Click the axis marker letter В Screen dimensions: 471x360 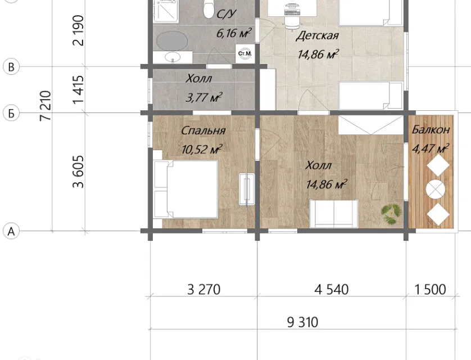(11, 67)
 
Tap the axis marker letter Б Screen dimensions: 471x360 (11, 114)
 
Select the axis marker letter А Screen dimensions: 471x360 (11, 232)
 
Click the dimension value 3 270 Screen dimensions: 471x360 (203, 290)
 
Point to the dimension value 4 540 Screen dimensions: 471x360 (331, 290)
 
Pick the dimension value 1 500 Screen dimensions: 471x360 (430, 290)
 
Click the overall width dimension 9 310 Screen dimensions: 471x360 (302, 322)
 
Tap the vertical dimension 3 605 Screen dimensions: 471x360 (78, 172)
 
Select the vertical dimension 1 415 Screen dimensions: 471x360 (78, 89)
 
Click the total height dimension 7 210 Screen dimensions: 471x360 (46, 106)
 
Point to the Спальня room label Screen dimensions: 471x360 (203, 130)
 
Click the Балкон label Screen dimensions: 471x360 (431, 129)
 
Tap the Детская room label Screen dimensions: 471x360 (317, 36)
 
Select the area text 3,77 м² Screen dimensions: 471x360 (204, 97)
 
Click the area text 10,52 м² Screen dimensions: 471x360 (202, 149)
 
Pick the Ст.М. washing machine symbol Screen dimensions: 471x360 (245, 54)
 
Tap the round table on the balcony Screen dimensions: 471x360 (435, 190)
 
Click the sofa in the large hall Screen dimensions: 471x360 (334, 213)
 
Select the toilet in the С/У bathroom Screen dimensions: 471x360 (208, 8)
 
